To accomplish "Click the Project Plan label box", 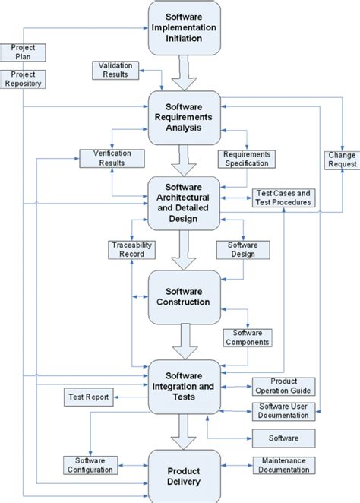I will pyautogui.click(x=24, y=52).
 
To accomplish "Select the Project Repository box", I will pyautogui.click(x=24, y=79).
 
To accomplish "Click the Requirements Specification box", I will pyautogui.click(x=247, y=159).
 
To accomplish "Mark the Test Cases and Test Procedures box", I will pyautogui.click(x=282, y=198).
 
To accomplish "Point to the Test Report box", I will pyautogui.click(x=87, y=397).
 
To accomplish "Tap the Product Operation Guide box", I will pyautogui.click(x=283, y=385).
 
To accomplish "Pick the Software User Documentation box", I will pyautogui.click(x=283, y=412).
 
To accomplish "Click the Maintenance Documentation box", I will pyautogui.click(x=286, y=465).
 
